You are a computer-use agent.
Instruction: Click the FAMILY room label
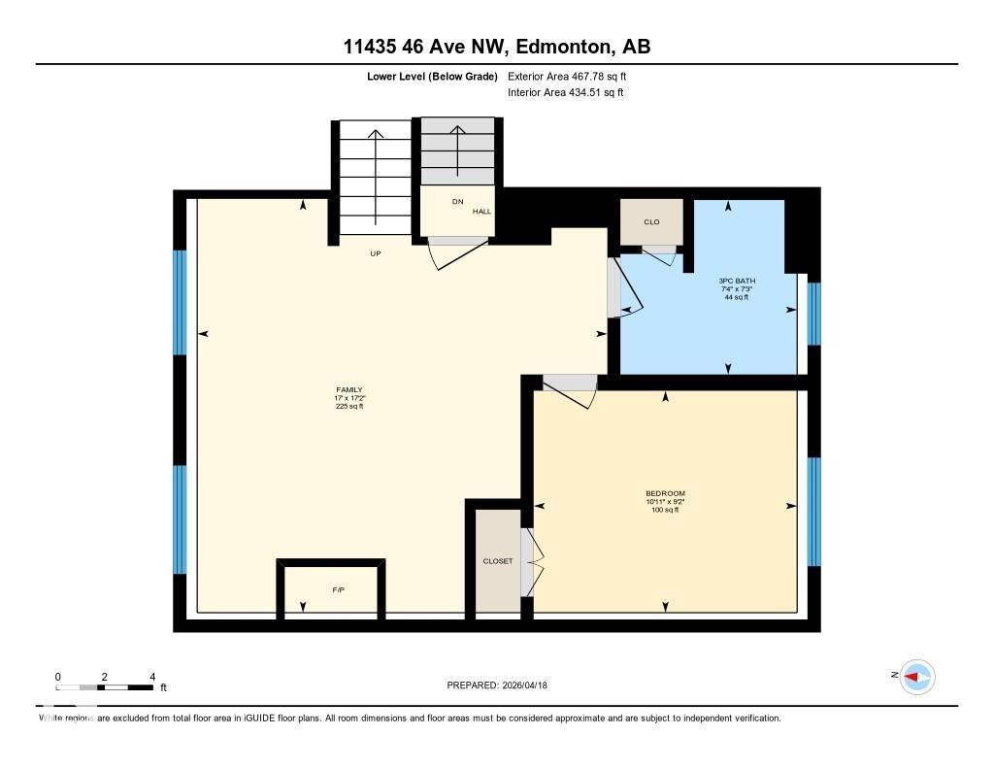tap(349, 390)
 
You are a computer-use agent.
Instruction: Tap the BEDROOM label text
tap(665, 493)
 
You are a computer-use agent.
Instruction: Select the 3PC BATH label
tap(738, 281)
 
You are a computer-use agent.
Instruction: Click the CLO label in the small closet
tap(651, 222)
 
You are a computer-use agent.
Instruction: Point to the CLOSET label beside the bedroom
tap(498, 561)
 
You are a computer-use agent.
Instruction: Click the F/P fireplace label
tap(338, 590)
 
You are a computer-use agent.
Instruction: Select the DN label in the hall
tap(457, 201)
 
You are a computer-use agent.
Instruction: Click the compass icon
tap(916, 677)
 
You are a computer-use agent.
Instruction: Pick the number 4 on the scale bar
tap(151, 677)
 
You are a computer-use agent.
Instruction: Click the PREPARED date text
tap(504, 685)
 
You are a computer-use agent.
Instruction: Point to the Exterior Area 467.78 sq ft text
tap(574, 76)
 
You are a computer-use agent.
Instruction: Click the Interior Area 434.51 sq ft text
tap(565, 93)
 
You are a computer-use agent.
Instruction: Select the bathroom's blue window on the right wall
tap(814, 313)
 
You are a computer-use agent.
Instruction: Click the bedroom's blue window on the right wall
tap(814, 511)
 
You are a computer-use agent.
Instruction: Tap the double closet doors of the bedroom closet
tap(530, 562)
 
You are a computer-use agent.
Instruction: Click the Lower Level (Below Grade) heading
tap(433, 76)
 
